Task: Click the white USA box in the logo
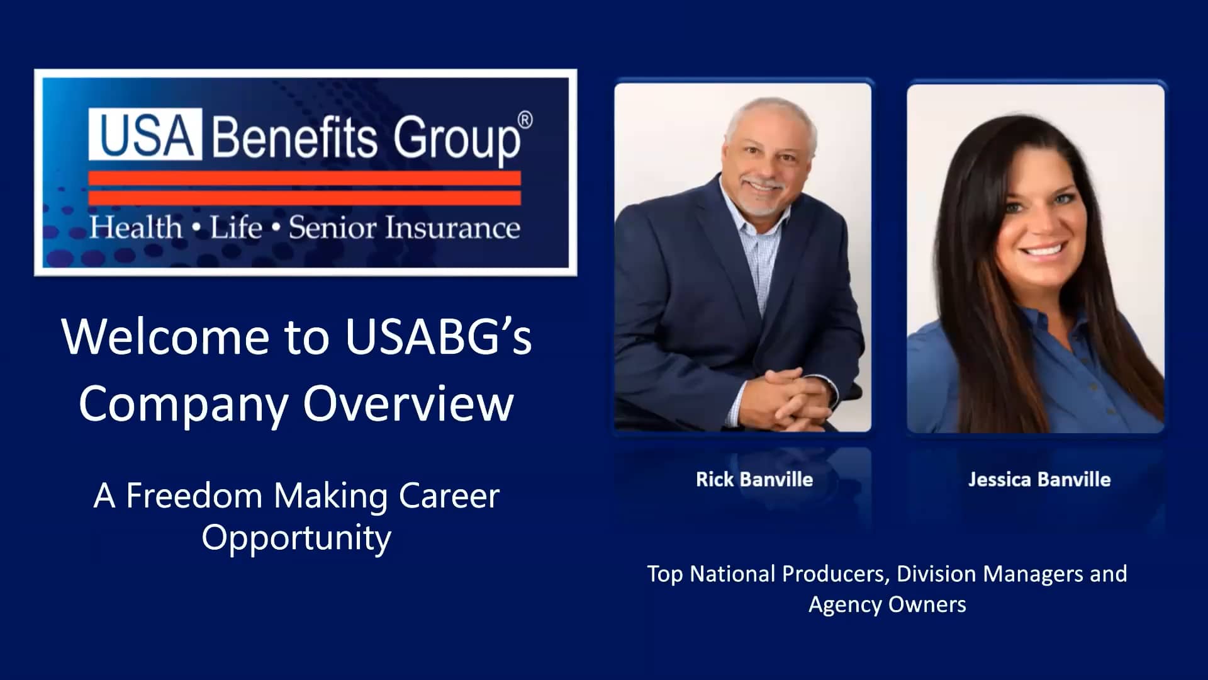[145, 134]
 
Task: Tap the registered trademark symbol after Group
[525, 120]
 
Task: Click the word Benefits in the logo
[294, 137]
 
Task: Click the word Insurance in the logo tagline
[453, 228]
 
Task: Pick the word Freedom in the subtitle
[194, 496]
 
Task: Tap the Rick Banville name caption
[754, 480]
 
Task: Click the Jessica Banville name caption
[1039, 480]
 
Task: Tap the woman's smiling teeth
[1043, 250]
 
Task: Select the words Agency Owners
[887, 604]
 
